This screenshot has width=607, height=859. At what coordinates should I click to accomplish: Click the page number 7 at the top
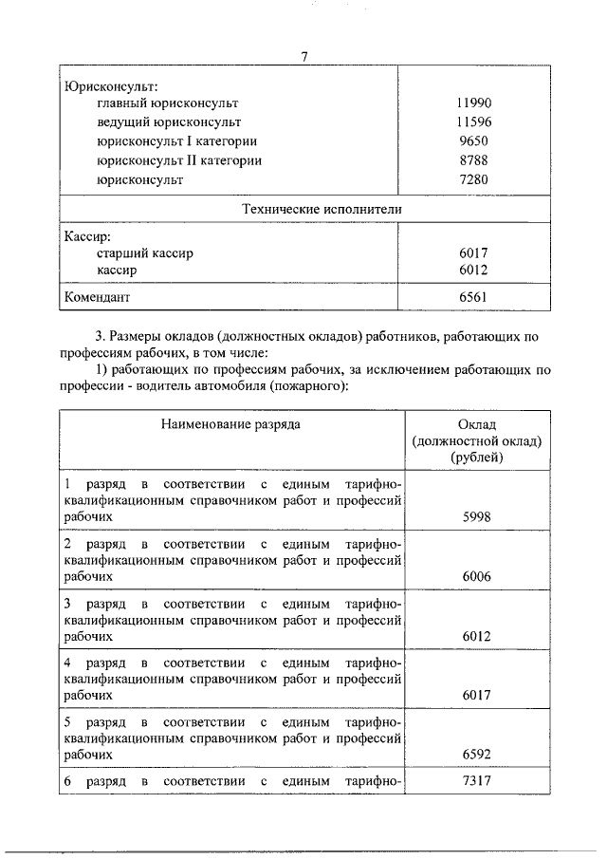pyautogui.click(x=304, y=57)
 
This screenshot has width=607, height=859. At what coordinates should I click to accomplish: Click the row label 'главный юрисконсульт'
pyautogui.click(x=167, y=103)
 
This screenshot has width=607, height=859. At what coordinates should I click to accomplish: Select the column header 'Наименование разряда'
pyautogui.click(x=231, y=423)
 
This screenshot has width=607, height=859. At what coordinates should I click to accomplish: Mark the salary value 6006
pyautogui.click(x=477, y=576)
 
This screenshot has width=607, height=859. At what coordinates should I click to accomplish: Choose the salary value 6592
pyautogui.click(x=477, y=755)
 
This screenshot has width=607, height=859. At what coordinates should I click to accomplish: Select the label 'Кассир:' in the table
pyautogui.click(x=88, y=234)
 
